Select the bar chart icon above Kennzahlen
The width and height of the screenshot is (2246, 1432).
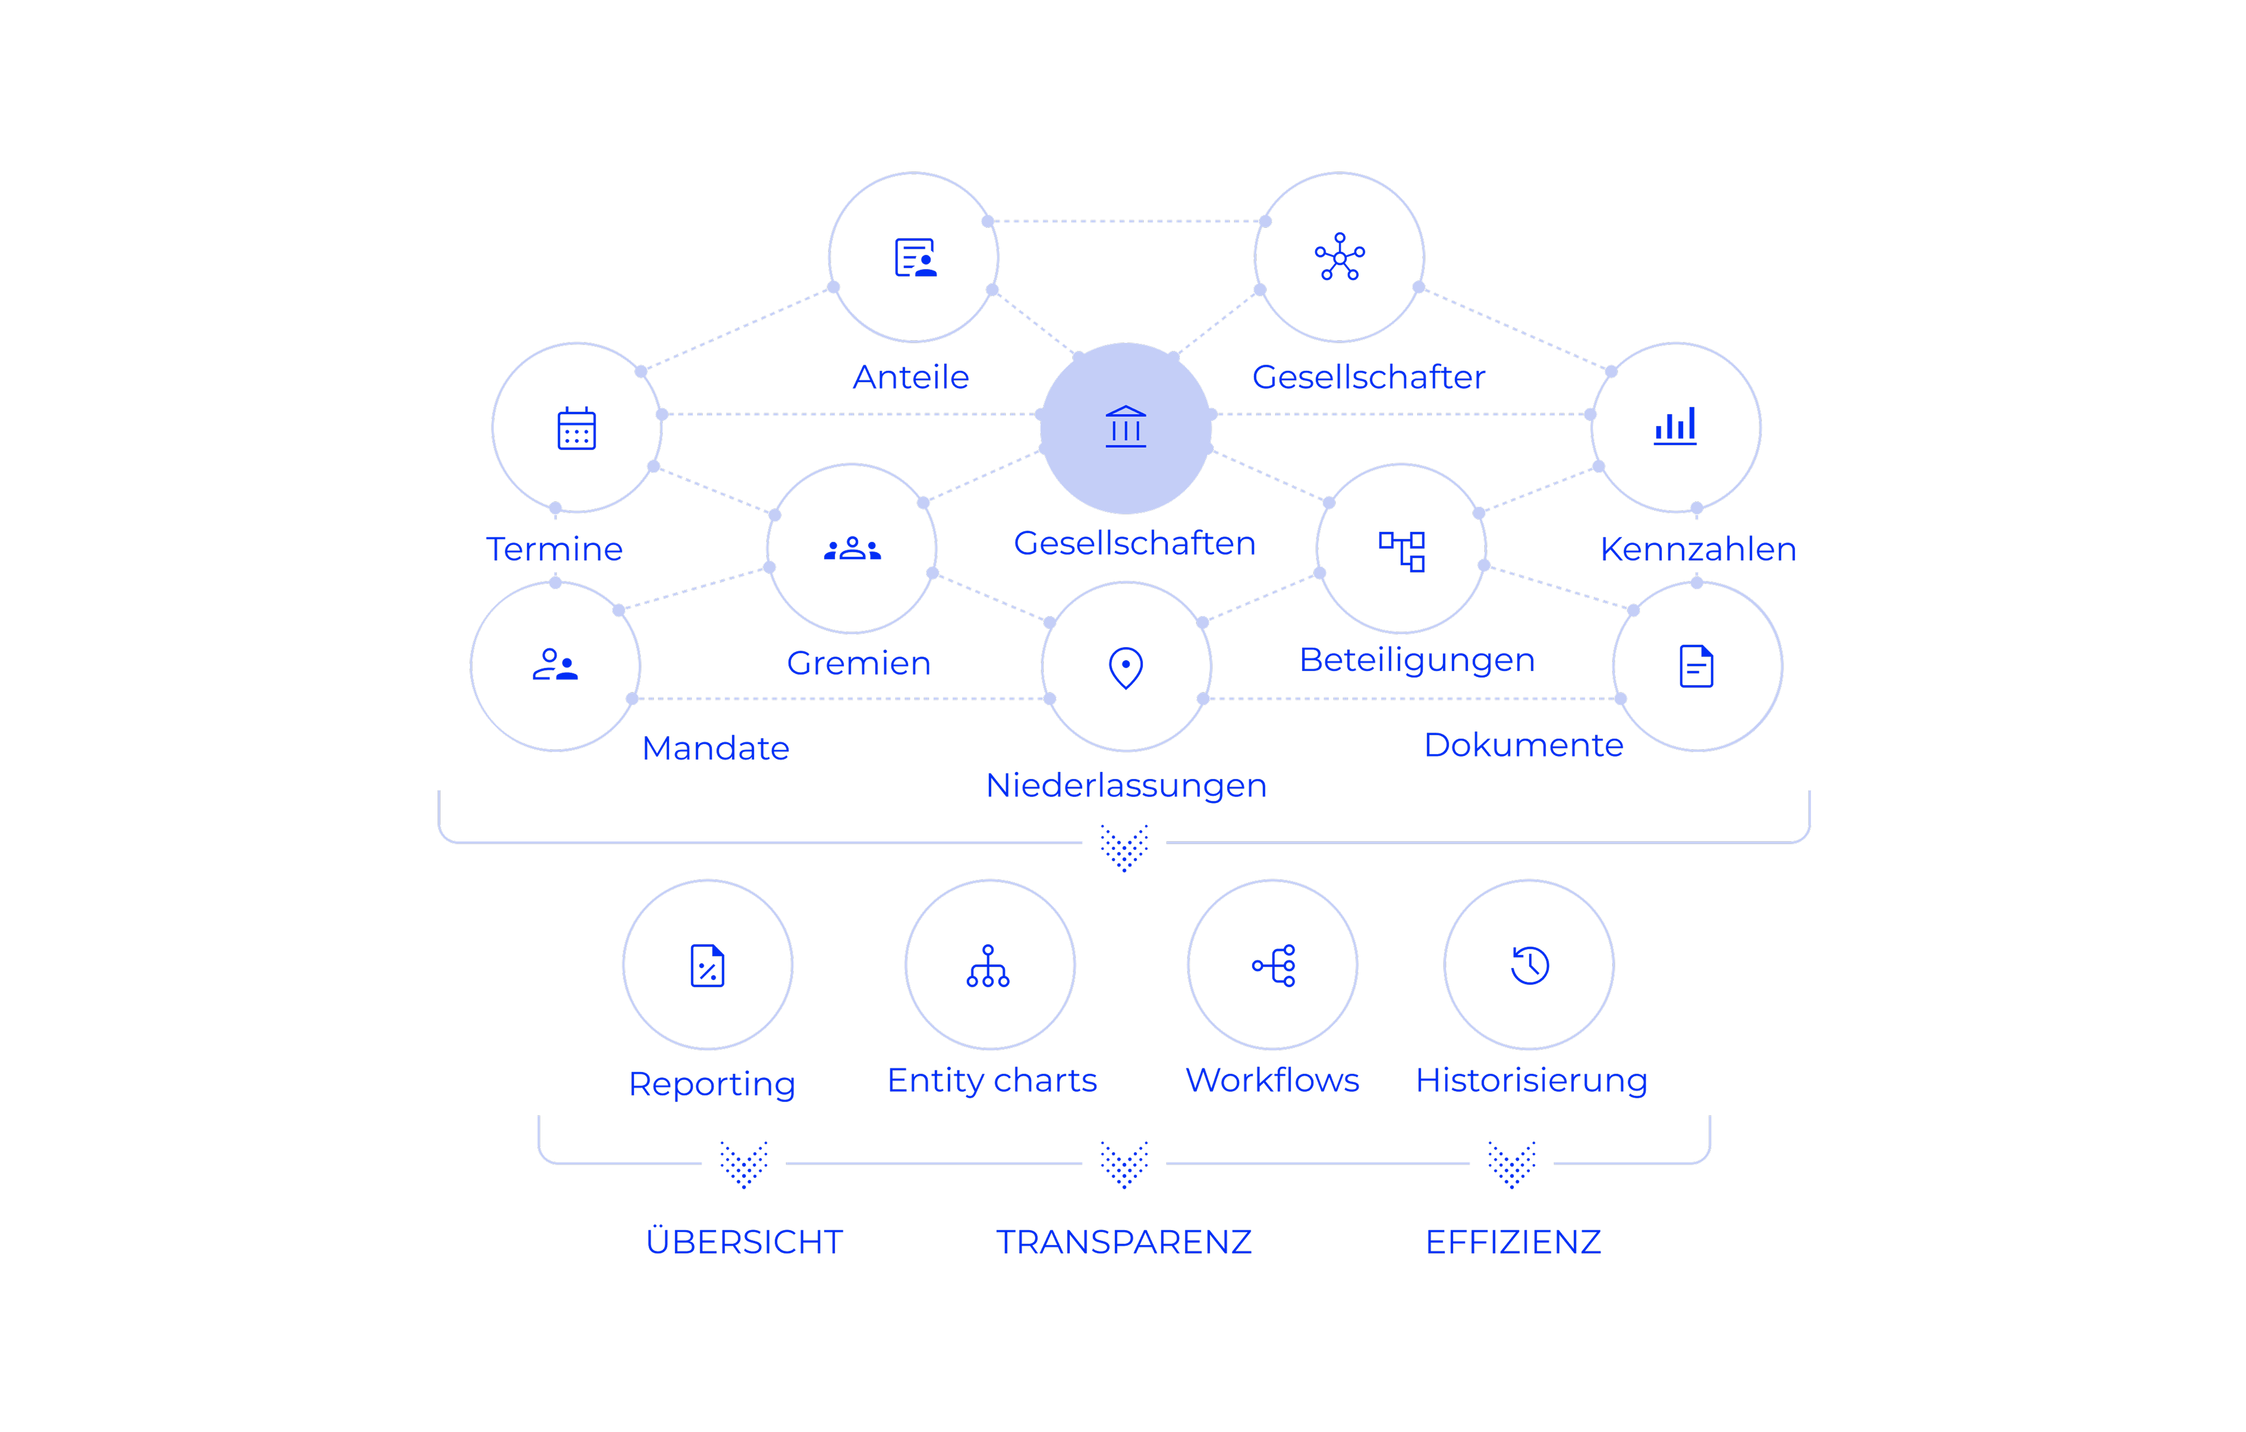[1675, 426]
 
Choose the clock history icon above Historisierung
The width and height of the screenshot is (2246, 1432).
[1530, 965]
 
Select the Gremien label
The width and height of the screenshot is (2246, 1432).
[858, 663]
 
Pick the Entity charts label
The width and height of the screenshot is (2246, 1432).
[991, 1081]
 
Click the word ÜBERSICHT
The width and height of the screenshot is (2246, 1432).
[744, 1242]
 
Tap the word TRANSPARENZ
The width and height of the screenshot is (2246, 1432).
[1124, 1242]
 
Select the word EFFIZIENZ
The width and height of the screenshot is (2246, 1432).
[1513, 1242]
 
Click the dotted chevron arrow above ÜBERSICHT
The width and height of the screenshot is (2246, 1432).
[744, 1163]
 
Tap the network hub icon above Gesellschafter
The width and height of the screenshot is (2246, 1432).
[1340, 256]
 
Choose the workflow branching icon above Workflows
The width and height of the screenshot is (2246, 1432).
[1273, 965]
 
